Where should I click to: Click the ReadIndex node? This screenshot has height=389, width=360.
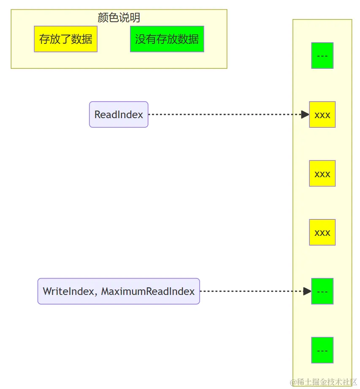tap(119, 114)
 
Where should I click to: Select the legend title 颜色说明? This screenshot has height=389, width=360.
tap(119, 18)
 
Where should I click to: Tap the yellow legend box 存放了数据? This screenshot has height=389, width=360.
tap(65, 39)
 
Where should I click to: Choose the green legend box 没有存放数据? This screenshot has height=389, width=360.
tap(167, 39)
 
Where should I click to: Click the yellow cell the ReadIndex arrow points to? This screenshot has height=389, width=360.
tap(322, 114)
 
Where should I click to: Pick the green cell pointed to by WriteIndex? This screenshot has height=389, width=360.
tap(322, 291)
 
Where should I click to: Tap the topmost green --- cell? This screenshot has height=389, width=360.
tap(322, 55)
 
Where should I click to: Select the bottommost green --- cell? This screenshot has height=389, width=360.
tap(322, 350)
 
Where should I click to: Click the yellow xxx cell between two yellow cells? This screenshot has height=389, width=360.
tap(322, 173)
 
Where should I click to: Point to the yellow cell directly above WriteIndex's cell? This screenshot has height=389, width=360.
tap(322, 232)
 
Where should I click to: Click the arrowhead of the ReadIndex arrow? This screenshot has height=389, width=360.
tap(305, 114)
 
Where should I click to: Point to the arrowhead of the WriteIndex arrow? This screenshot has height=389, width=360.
tap(307, 291)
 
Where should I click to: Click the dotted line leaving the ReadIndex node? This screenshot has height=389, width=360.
tap(224, 114)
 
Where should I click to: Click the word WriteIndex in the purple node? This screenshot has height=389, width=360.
tap(68, 292)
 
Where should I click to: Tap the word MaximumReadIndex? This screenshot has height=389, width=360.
tap(148, 292)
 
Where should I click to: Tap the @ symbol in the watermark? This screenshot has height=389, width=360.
tap(292, 382)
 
